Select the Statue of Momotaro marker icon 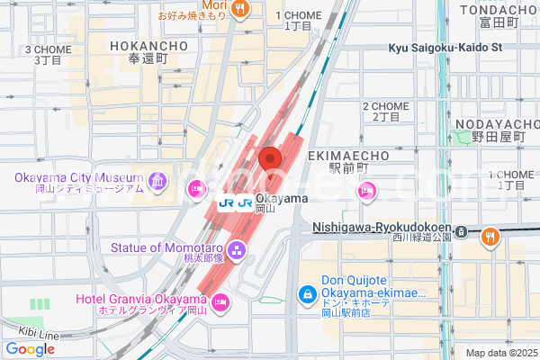pos(237,248)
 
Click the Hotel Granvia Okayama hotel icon pos(221,301)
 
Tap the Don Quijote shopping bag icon pos(307,294)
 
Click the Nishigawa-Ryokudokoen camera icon pos(461,230)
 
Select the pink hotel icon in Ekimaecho pos(366,190)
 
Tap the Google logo pos(30,349)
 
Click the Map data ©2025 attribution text pos(499,353)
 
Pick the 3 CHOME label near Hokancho pos(49,49)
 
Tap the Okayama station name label pos(282,198)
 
